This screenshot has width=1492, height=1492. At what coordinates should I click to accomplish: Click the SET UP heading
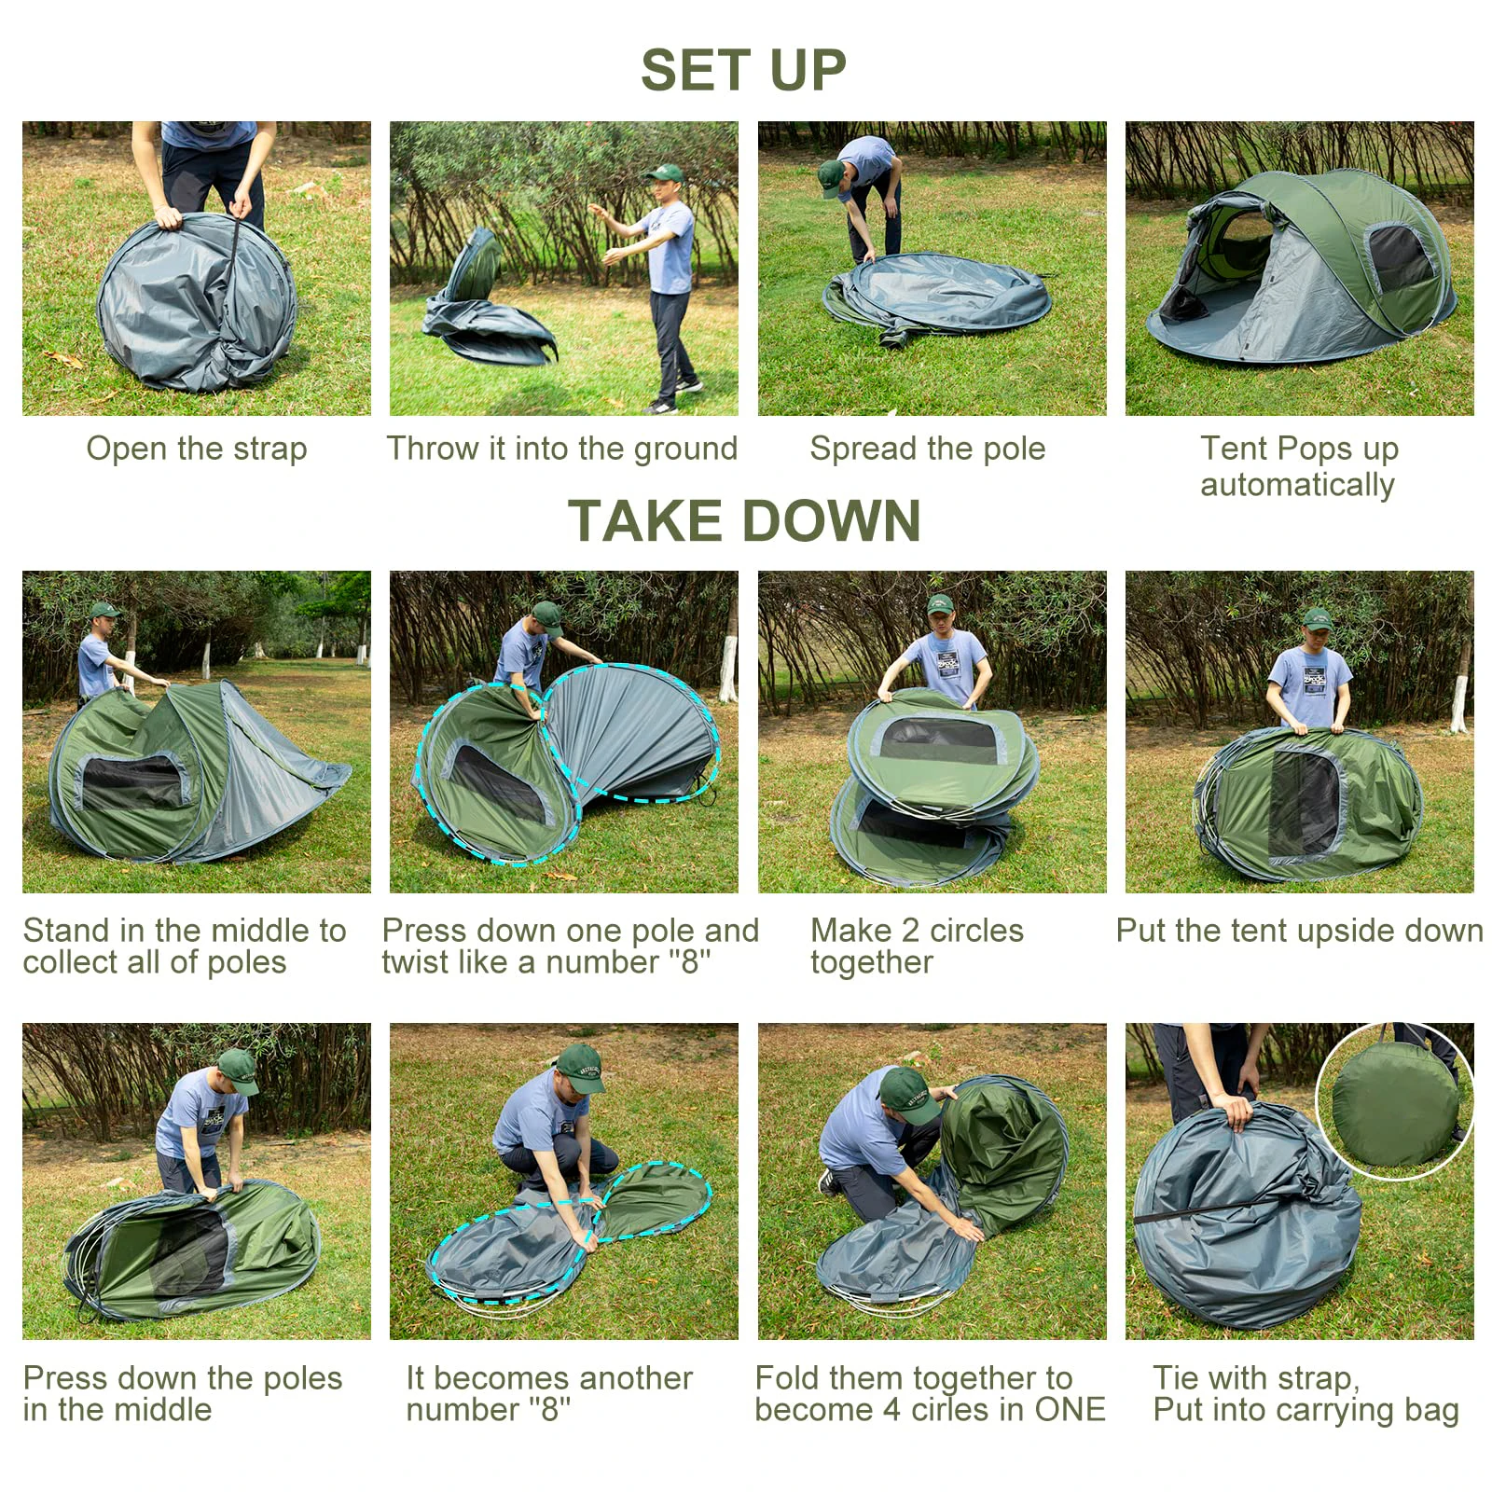pos(743,70)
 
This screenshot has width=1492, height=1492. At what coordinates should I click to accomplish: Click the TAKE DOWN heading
pos(744,519)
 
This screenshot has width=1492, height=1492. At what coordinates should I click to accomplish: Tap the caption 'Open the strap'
pos(197,449)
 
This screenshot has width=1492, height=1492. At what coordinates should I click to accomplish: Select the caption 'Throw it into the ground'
pos(562,449)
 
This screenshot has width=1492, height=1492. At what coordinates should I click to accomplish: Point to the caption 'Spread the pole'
pos(928,449)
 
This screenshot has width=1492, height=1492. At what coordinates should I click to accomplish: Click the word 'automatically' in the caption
pos(1297,485)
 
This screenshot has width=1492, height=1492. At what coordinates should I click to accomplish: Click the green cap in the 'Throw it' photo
pos(665,173)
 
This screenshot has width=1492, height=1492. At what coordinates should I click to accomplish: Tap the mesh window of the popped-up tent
pos(1401,256)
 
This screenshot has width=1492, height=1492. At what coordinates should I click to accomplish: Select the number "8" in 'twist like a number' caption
pos(690,961)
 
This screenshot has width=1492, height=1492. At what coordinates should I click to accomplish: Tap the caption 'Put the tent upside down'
pos(1299,931)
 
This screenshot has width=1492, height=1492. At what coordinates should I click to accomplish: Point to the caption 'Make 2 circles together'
pos(917,946)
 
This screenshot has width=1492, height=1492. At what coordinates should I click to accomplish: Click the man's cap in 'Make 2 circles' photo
pos(941,604)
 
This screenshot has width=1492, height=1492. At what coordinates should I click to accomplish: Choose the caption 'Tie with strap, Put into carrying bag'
pos(1305,1394)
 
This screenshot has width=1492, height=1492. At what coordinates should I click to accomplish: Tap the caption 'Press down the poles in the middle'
pos(183,1393)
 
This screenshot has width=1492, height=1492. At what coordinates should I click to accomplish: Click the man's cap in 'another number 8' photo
pos(580,1068)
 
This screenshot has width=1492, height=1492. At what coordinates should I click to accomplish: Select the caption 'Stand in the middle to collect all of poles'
pos(185,946)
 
